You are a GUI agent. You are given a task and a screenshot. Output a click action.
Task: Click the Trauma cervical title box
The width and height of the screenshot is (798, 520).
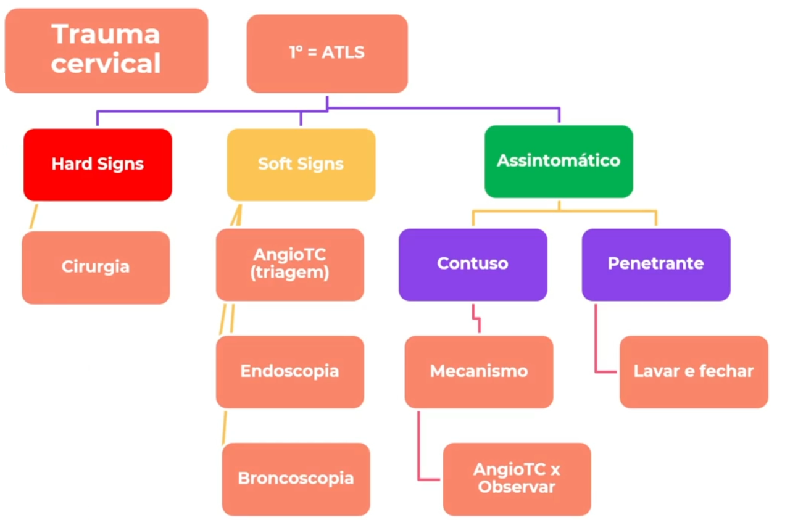pyautogui.click(x=106, y=51)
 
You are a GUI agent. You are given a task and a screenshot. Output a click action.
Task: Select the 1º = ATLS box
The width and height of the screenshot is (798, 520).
pyautogui.click(x=326, y=53)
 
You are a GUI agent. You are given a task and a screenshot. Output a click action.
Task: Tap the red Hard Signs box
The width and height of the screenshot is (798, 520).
pyautogui.click(x=98, y=164)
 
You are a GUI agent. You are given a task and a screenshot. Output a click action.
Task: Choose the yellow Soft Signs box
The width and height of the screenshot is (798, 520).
pyautogui.click(x=301, y=164)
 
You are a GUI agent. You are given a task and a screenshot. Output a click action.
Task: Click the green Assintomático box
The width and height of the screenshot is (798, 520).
pyautogui.click(x=558, y=161)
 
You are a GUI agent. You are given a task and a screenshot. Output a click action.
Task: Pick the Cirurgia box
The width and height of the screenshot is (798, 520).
pyautogui.click(x=96, y=267)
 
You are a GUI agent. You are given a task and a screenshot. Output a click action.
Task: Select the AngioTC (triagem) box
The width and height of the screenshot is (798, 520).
pyautogui.click(x=289, y=264)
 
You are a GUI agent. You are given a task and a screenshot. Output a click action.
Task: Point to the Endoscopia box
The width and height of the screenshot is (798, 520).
pyautogui.click(x=289, y=371)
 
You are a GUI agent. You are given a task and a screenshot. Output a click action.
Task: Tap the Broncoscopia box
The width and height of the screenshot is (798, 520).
pyautogui.click(x=296, y=479)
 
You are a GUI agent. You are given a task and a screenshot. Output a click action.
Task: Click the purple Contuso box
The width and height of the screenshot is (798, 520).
pyautogui.click(x=472, y=264)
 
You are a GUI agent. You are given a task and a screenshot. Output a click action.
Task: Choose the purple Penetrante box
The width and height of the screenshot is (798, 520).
pyautogui.click(x=655, y=264)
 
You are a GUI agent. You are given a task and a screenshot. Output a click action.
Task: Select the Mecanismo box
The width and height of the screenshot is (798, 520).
pyautogui.click(x=478, y=371)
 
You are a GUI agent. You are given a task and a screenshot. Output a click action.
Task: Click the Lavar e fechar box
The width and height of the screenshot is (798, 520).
pyautogui.click(x=693, y=371)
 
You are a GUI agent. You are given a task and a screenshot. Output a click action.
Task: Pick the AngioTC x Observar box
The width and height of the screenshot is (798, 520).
pyautogui.click(x=517, y=479)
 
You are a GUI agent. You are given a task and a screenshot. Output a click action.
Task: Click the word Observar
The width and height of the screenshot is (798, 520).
pyautogui.click(x=517, y=487)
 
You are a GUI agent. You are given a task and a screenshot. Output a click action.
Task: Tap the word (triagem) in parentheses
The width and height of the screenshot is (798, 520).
pyautogui.click(x=289, y=273)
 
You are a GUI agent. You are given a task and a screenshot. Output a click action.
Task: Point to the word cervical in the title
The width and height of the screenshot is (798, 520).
pyautogui.click(x=106, y=64)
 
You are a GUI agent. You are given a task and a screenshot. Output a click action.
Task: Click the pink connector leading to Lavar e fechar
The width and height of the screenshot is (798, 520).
pyautogui.click(x=596, y=345)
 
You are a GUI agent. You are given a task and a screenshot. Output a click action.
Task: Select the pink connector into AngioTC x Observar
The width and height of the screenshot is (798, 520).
pyautogui.click(x=419, y=450)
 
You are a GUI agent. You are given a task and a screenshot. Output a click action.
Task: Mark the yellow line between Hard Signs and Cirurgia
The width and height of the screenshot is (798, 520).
pyautogui.click(x=33, y=217)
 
